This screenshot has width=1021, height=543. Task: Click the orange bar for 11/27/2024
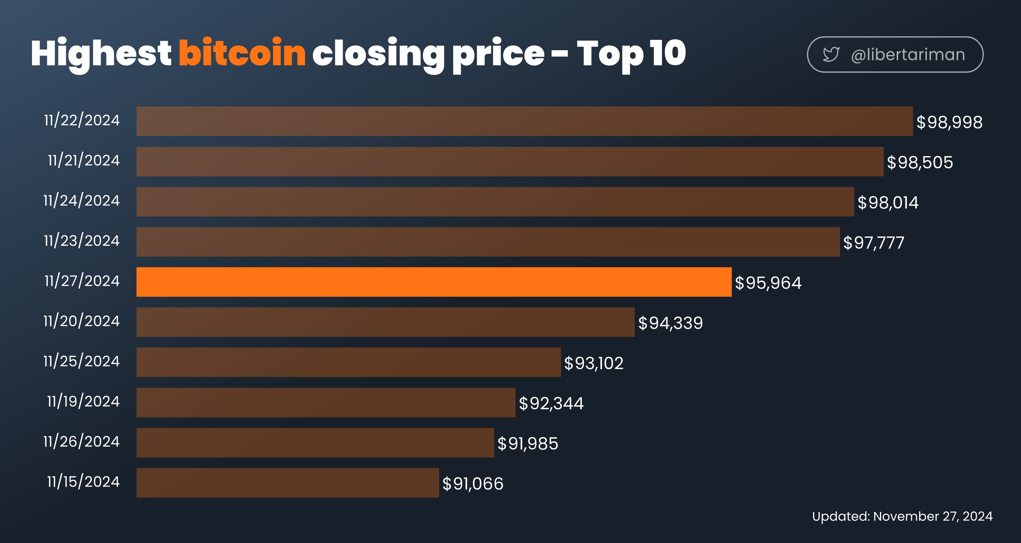tap(434, 282)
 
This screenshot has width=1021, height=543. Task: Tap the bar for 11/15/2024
tap(288, 483)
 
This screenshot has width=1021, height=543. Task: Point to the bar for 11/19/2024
tap(326, 402)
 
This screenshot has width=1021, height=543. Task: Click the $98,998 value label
tap(949, 122)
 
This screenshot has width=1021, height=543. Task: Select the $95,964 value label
tap(768, 283)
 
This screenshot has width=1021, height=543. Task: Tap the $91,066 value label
tap(473, 483)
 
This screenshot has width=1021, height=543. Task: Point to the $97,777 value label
tap(874, 242)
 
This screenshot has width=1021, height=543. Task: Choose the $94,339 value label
tap(670, 323)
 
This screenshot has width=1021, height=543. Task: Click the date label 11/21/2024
tap(84, 160)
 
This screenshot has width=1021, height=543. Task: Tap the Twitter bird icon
tap(831, 54)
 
